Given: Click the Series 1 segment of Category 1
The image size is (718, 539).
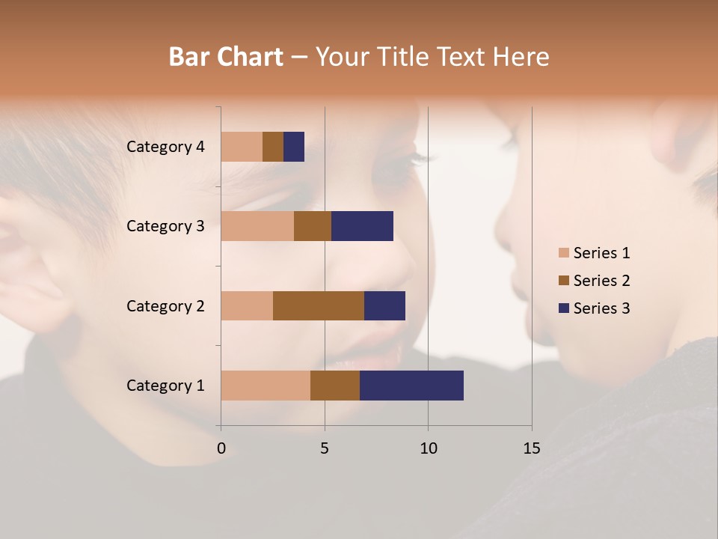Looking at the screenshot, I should coord(266,386).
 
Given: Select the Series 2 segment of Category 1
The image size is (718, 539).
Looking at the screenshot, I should coord(335,386).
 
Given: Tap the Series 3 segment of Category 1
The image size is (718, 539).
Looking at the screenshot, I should coord(411,386).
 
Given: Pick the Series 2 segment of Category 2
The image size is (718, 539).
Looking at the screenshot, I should coord(319,305).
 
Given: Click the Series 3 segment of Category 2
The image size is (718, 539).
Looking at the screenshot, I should coord(384,305).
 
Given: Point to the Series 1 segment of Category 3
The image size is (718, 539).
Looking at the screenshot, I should coord(257,226).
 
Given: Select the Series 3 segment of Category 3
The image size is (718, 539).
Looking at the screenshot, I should coord(362,226).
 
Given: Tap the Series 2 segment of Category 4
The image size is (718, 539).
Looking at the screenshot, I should coord(273,147).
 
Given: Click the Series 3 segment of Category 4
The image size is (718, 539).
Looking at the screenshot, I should coord(294,147).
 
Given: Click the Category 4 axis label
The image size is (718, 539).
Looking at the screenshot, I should coord(165,147).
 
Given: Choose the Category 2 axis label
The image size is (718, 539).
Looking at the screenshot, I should coord(165,305).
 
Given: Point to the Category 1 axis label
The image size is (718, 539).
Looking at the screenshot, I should coord(165,386).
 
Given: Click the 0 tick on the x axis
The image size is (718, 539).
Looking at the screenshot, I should coord(221,448).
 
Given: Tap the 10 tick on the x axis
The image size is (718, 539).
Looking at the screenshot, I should coord(428,448).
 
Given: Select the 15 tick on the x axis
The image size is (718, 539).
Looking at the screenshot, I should coord(531,448).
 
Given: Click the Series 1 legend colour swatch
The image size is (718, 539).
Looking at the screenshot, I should coord(564,253).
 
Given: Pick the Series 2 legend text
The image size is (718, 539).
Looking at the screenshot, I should coord(601,281).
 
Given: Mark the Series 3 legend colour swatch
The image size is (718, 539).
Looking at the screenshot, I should coord(564,308).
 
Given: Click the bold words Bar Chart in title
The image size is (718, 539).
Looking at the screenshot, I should coord(226,57).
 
